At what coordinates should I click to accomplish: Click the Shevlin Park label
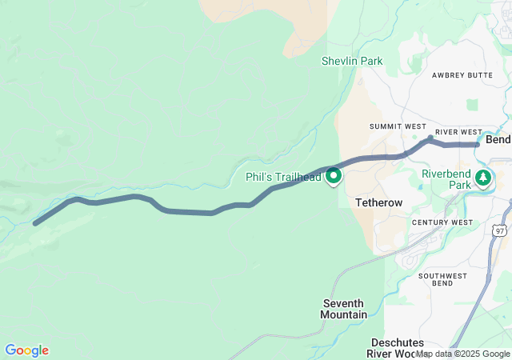tap(352, 61)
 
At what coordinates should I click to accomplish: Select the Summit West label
tap(398, 126)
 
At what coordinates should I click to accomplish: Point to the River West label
tap(458, 132)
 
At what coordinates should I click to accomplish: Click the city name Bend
tap(498, 139)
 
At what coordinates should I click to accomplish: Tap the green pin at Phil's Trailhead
tap(333, 175)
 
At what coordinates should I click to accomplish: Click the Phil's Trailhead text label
tap(283, 177)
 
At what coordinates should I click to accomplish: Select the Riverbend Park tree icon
tap(483, 176)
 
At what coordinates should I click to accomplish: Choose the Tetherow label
tap(378, 203)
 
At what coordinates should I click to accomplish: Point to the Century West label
tap(442, 222)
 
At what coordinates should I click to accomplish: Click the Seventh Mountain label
tap(344, 309)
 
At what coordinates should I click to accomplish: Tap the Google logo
tap(26, 350)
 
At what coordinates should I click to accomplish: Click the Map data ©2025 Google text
tap(462, 354)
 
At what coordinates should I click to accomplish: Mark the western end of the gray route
tap(35, 223)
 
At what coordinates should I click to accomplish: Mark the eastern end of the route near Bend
tap(478, 145)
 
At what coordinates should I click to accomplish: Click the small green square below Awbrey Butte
tap(471, 104)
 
